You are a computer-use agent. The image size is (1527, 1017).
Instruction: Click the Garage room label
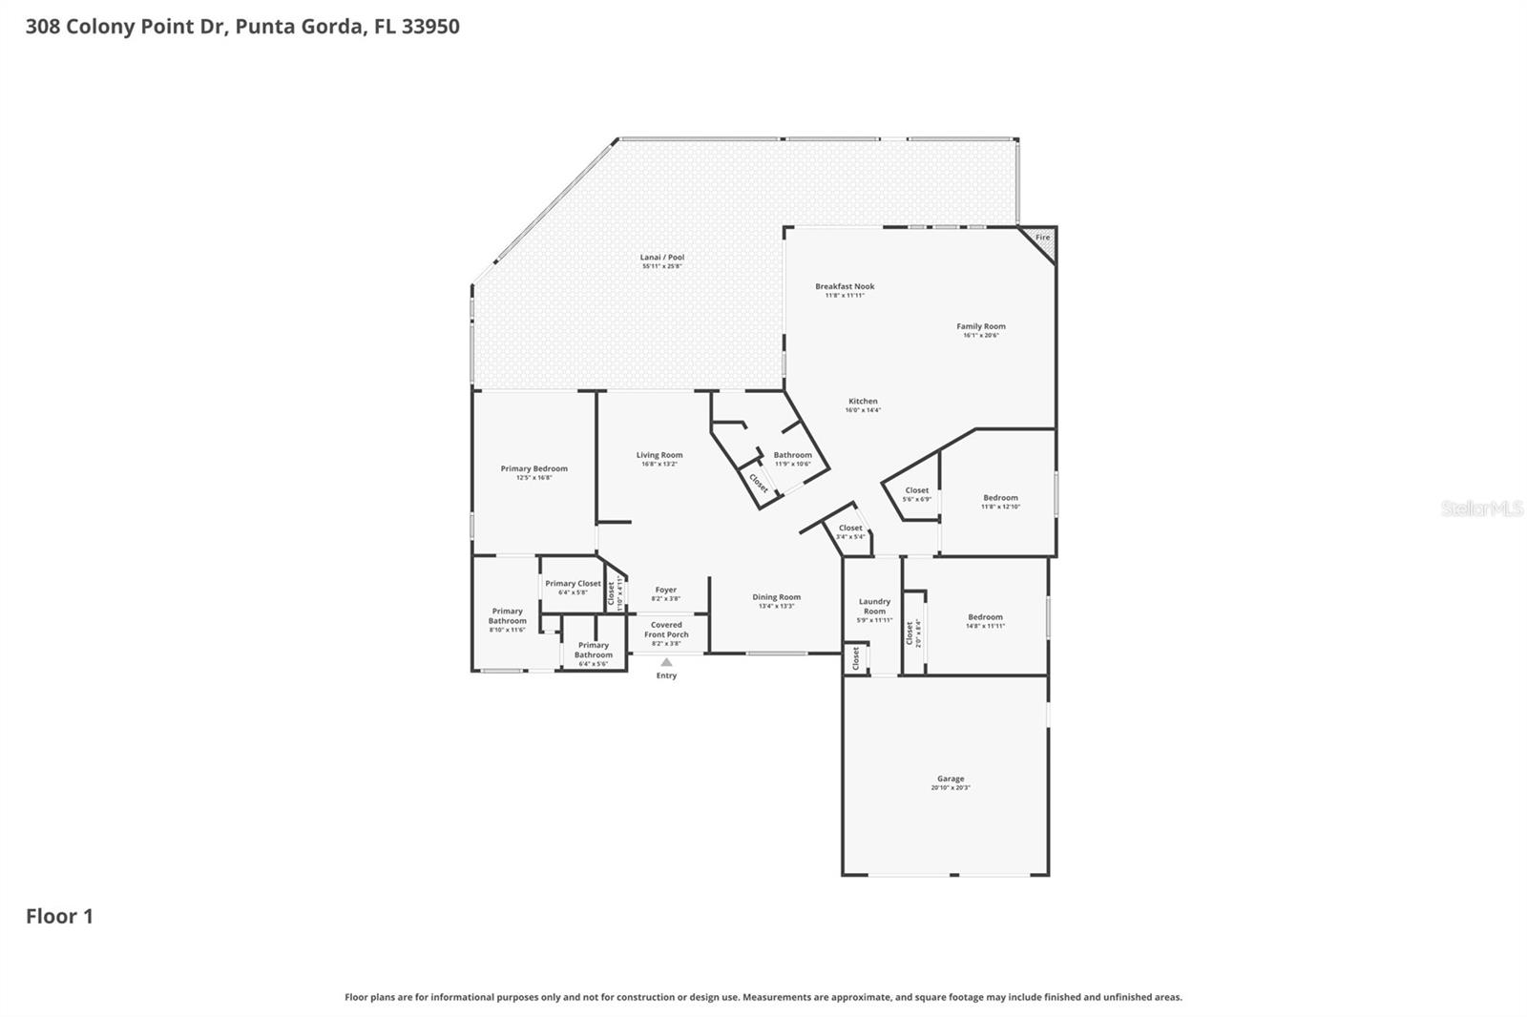click(950, 778)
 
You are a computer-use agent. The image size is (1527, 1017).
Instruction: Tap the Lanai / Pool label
click(661, 258)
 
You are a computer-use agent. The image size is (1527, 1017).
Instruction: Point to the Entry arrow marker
click(666, 662)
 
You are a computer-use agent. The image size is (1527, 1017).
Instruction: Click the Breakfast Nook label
click(845, 286)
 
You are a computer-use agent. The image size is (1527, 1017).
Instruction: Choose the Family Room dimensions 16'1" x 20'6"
click(980, 336)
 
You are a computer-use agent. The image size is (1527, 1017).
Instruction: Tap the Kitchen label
click(863, 402)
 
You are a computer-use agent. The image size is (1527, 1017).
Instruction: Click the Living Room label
click(659, 455)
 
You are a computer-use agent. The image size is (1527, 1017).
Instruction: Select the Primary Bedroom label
click(533, 468)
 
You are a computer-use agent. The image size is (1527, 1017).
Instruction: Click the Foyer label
click(665, 591)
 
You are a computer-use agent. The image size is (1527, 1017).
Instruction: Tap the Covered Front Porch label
click(666, 630)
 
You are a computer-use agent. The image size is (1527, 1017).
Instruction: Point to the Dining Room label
click(776, 597)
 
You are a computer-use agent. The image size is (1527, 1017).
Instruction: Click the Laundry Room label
click(874, 606)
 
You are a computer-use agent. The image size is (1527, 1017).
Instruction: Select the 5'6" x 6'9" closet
click(916, 494)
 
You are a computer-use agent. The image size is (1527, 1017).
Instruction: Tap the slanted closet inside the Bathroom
click(759, 483)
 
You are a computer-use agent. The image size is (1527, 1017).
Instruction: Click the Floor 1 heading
click(59, 916)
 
